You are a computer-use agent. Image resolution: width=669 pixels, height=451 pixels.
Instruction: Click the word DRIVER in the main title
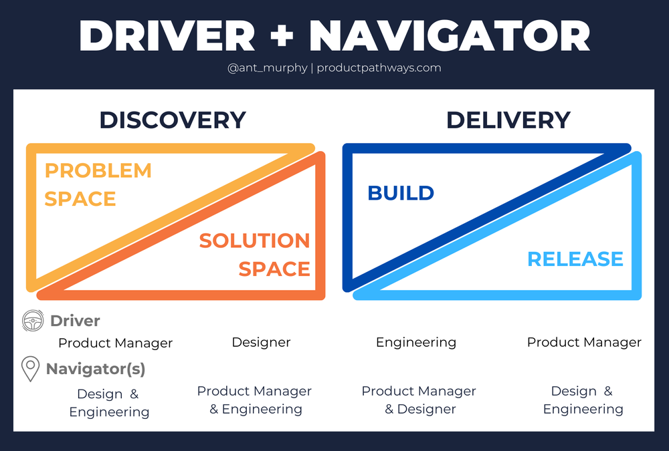point(167,36)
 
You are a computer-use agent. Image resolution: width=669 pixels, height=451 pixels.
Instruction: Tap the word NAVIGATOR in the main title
point(450,36)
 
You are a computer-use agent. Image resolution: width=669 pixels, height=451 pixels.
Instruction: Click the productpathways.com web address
point(379,67)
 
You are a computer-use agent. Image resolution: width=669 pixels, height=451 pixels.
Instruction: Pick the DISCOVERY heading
point(173,120)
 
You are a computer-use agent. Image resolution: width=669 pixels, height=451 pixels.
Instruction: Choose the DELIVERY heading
point(508,120)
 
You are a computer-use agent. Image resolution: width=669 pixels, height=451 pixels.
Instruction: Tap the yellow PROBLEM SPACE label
point(98,184)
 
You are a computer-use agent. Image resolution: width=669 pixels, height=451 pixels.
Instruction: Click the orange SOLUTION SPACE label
point(255,255)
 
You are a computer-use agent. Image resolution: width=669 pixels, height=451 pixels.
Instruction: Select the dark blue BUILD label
point(401,193)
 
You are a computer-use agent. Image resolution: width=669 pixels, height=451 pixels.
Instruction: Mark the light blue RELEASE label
point(575,259)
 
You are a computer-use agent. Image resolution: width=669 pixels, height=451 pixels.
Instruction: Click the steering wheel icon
point(33,321)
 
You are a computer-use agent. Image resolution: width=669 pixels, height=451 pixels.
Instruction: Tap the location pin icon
point(31,369)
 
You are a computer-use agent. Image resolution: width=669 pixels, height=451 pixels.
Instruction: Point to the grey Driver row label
point(75,321)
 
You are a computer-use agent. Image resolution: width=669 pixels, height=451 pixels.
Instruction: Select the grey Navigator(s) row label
point(95,369)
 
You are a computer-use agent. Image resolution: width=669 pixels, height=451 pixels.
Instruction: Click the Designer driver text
point(261,342)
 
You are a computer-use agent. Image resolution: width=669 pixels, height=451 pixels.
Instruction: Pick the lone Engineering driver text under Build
point(416,342)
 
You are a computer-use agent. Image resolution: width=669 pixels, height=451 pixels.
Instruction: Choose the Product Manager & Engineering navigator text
point(254,400)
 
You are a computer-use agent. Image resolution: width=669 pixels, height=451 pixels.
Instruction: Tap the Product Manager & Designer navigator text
point(419,400)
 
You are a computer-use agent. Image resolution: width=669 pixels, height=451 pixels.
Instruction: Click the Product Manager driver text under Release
point(584,342)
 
